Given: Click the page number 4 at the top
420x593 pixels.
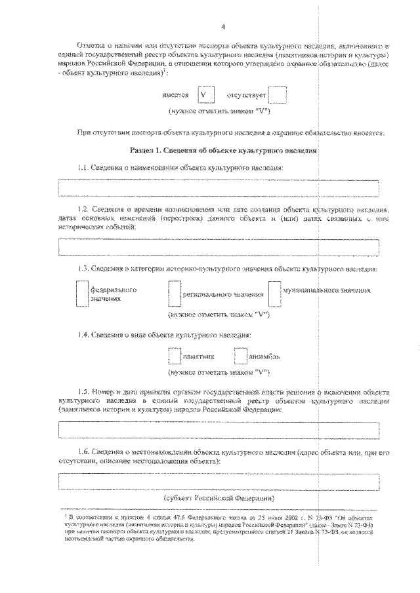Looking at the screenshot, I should pyautogui.click(x=223, y=27).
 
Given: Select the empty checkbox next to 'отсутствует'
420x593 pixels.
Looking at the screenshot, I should pyautogui.click(x=278, y=95).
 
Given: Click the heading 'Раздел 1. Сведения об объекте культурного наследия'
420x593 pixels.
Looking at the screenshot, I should pyautogui.click(x=224, y=150).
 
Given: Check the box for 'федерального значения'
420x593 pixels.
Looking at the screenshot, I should pyautogui.click(x=81, y=294).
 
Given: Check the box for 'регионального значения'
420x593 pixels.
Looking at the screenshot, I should pyautogui.click(x=174, y=294).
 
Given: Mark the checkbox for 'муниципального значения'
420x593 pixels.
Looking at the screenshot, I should pyautogui.click(x=274, y=294).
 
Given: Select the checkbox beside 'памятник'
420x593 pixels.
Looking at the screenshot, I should pyautogui.click(x=174, y=356).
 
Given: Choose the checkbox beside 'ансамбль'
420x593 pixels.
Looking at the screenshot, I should pyautogui.click(x=242, y=356).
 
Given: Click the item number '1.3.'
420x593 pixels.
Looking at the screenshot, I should pyautogui.click(x=83, y=269).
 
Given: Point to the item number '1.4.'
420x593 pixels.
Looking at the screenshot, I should pyautogui.click(x=83, y=335).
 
